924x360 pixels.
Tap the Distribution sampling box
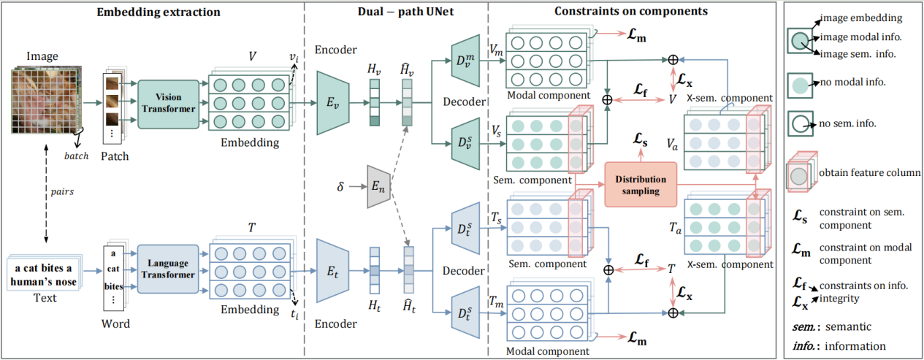coord(640,185)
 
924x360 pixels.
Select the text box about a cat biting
coord(43,274)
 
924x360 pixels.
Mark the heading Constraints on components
coord(630,11)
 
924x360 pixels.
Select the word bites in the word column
coord(114,287)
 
